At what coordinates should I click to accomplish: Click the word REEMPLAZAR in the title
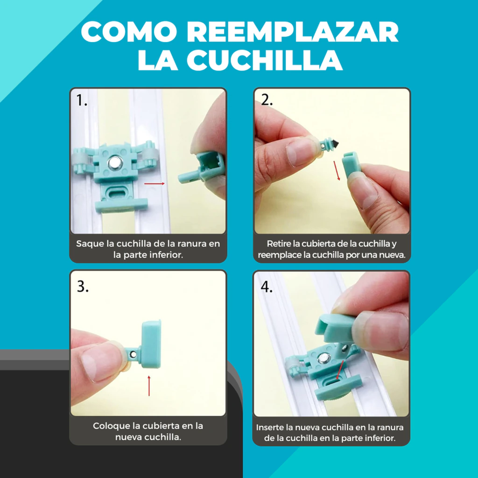pyautogui.click(x=293, y=32)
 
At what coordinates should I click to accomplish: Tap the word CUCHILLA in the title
pyautogui.click(x=265, y=60)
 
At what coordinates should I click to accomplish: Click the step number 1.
pyautogui.click(x=81, y=100)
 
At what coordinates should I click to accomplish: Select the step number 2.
pyautogui.click(x=267, y=100)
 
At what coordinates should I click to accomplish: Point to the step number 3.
pyautogui.click(x=83, y=286)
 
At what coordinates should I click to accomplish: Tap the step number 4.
pyautogui.click(x=267, y=287)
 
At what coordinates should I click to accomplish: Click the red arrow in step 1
pyautogui.click(x=155, y=183)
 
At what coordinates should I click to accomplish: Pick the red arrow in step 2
pyautogui.click(x=337, y=171)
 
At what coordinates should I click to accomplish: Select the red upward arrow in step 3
pyautogui.click(x=149, y=386)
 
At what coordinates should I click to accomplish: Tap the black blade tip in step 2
pyautogui.click(x=335, y=143)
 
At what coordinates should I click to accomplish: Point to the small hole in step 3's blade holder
pyautogui.click(x=133, y=354)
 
